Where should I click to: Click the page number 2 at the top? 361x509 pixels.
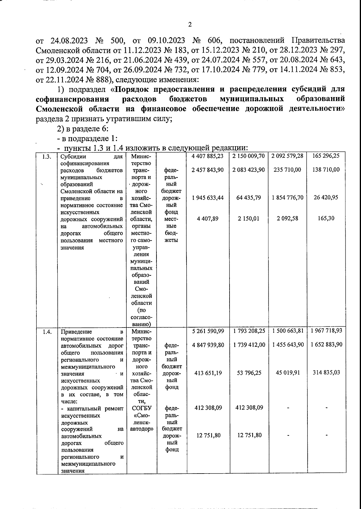[x=190, y=25]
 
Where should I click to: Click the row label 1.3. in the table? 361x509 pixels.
[x=46, y=156]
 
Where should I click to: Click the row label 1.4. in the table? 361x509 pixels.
[x=46, y=332]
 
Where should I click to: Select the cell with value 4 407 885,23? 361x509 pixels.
[x=208, y=156]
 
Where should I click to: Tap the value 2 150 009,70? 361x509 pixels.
[x=248, y=156]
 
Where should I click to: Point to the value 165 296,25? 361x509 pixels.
[x=326, y=156]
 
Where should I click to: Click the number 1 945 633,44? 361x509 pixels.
[x=208, y=197]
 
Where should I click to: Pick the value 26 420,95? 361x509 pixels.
[x=326, y=197]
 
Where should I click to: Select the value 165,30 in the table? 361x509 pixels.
[x=326, y=218]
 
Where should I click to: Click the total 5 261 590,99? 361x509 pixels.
[x=208, y=331]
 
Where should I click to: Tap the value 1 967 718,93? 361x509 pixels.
[x=326, y=331]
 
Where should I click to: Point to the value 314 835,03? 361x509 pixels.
[x=326, y=373]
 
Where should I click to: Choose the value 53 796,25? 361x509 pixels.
[x=248, y=373]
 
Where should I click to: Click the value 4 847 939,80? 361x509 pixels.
[x=208, y=345]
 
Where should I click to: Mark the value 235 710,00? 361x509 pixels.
[x=287, y=170]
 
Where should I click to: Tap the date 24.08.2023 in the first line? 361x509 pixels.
[x=68, y=40]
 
